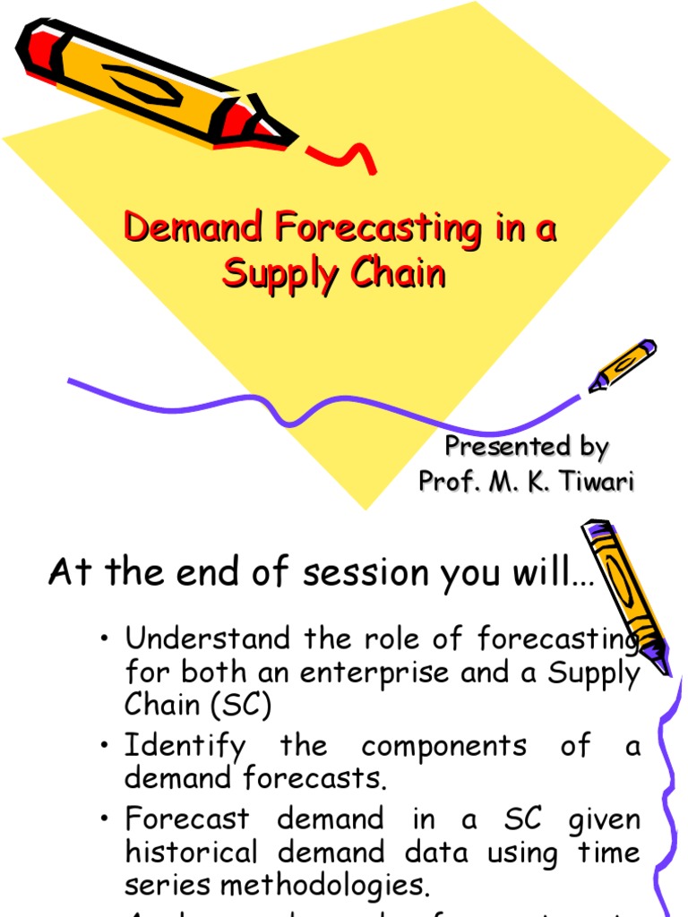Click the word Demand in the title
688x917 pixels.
193,228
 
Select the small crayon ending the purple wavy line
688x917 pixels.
622,364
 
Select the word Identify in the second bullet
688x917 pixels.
183,746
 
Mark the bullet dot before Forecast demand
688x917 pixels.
107,819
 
